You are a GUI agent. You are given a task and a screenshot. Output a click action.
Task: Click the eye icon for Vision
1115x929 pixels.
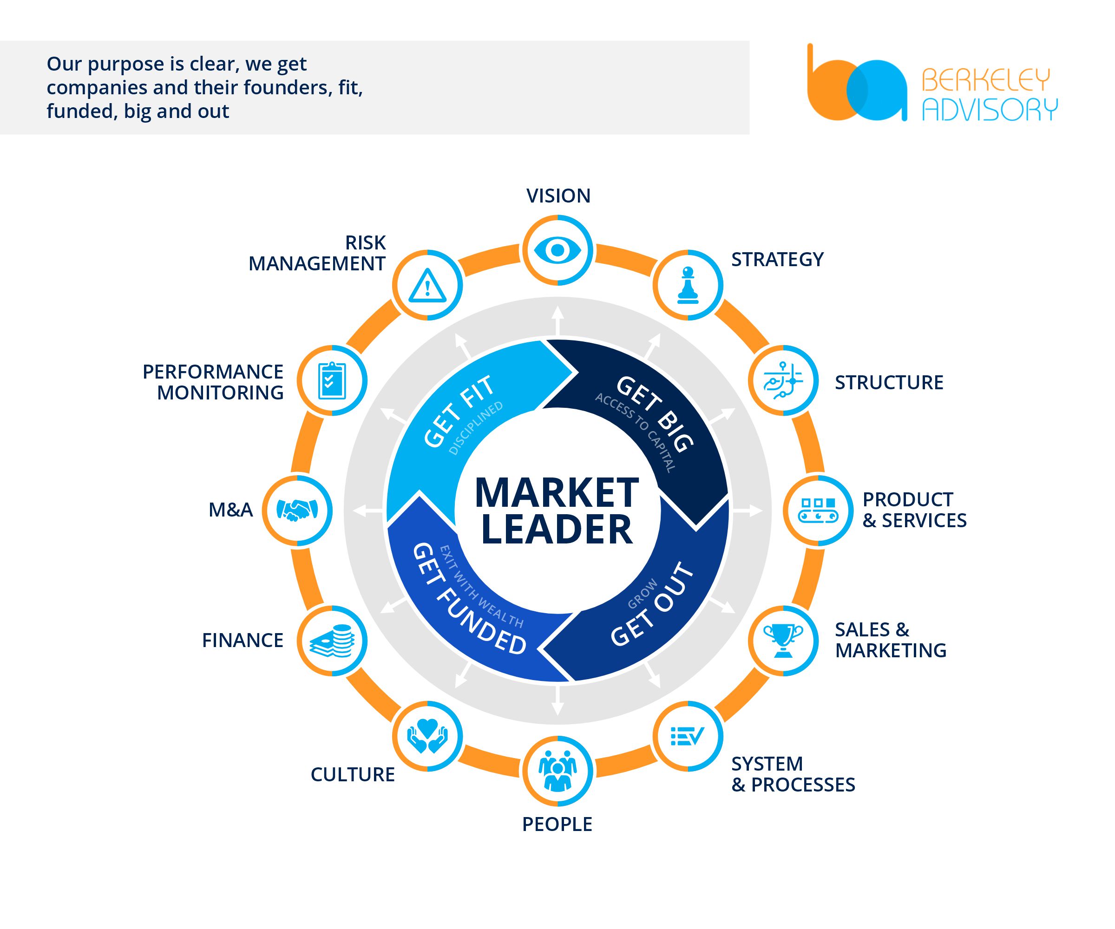click(557, 250)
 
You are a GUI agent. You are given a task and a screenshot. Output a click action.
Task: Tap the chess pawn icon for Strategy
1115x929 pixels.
click(688, 285)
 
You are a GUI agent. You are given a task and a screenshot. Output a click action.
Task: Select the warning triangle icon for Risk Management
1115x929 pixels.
click(427, 285)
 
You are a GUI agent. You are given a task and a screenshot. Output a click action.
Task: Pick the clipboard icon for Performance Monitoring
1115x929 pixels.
click(332, 380)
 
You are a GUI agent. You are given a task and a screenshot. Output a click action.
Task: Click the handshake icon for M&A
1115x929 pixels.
click(297, 510)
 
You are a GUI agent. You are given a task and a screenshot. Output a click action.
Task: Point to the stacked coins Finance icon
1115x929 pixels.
click(332, 641)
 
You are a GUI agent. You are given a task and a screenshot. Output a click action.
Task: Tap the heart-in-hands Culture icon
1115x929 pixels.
click(427, 736)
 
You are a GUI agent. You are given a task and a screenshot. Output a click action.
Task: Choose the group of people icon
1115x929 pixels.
click(557, 771)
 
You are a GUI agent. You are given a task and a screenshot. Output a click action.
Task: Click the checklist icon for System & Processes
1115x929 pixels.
click(688, 736)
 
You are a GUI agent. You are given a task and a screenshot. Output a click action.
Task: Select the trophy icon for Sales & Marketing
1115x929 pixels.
click(783, 641)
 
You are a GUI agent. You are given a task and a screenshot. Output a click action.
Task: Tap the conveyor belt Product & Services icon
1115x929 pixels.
click(818, 510)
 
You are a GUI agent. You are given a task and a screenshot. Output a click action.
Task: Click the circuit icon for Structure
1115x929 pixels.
click(783, 380)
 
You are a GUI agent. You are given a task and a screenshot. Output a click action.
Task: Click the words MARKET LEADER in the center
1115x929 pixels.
click(557, 510)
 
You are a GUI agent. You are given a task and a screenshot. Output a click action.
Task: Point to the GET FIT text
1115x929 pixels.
click(460, 412)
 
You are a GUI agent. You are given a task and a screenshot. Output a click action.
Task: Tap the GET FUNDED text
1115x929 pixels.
click(469, 600)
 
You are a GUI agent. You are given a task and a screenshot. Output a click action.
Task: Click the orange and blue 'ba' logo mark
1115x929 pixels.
click(856, 85)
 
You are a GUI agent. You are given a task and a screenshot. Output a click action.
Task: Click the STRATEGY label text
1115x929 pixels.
click(777, 260)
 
